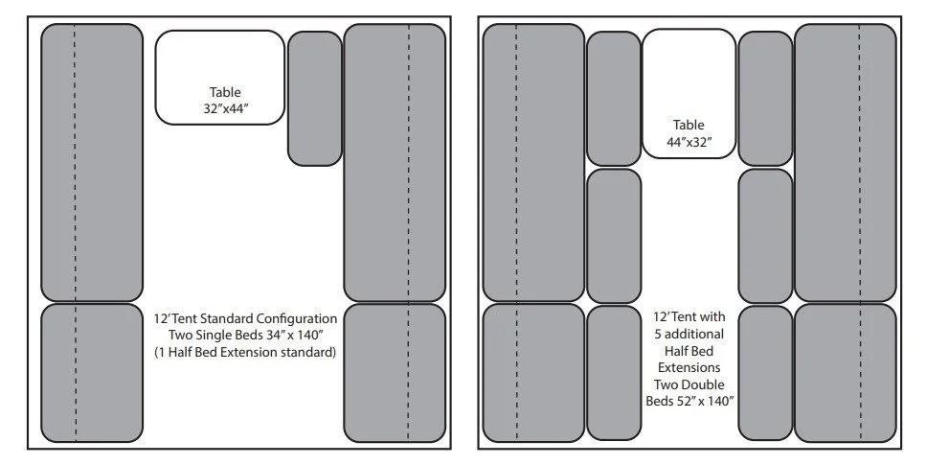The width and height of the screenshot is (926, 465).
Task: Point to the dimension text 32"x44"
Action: [x=219, y=108]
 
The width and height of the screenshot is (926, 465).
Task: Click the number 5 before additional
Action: [x=661, y=333]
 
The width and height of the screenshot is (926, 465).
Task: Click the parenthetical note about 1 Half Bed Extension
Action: [x=244, y=352]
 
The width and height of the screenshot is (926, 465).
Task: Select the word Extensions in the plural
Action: [x=689, y=367]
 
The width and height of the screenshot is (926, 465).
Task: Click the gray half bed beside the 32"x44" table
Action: [x=315, y=98]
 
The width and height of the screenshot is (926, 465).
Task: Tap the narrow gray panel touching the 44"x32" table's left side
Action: [x=613, y=98]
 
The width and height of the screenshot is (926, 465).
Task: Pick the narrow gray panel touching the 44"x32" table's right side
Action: [x=765, y=98]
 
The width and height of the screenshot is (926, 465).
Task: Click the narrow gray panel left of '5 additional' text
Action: [x=613, y=372]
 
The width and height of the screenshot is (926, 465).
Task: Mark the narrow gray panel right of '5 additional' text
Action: [x=765, y=372]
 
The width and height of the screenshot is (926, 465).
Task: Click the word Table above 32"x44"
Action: [x=219, y=92]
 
